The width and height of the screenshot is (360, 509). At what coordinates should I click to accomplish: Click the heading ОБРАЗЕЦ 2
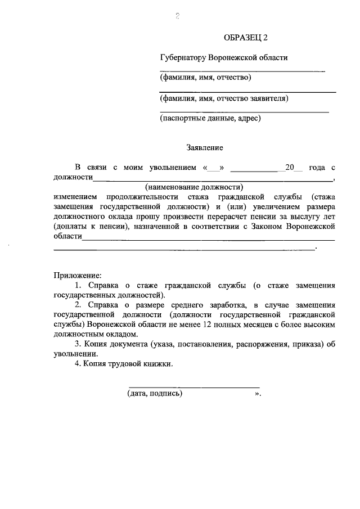click(x=246, y=38)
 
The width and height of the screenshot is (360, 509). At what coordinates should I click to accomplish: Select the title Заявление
click(x=205, y=148)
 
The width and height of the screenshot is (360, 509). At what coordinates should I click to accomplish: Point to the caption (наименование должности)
click(x=193, y=186)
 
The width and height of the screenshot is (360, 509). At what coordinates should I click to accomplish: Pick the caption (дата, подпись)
click(x=155, y=394)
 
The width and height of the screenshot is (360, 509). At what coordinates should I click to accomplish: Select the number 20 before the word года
click(x=290, y=168)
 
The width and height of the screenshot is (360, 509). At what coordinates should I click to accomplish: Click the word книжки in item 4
click(x=156, y=364)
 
